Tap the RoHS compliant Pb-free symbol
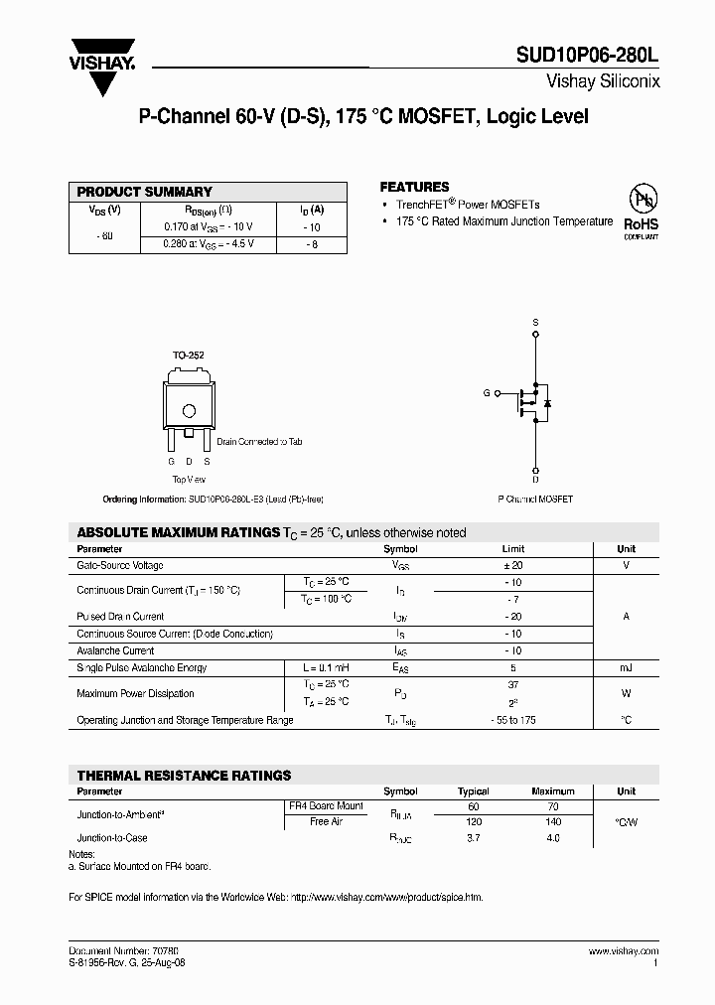641,212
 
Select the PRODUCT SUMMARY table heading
145,192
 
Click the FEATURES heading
414,187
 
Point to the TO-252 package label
189,355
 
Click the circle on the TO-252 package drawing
189,409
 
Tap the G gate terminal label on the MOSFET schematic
487,393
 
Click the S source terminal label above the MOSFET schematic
535,323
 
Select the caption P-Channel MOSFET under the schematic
535,500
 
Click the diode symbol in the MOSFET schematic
547,402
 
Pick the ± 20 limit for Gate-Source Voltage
512,565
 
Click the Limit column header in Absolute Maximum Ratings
512,549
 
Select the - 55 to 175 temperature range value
512,720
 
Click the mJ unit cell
626,668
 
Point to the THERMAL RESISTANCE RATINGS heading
185,776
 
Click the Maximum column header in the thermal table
553,791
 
